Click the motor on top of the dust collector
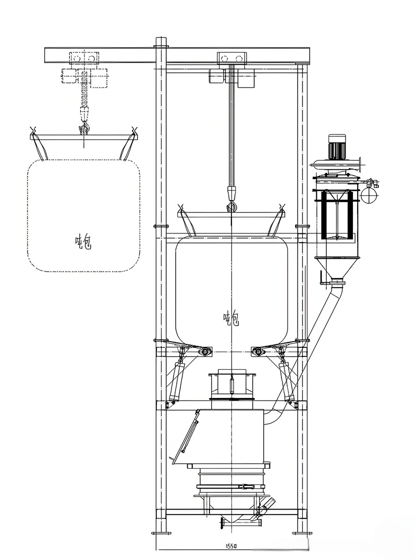(x=337, y=146)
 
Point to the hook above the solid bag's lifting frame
(x=232, y=205)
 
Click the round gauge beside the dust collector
(x=369, y=195)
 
